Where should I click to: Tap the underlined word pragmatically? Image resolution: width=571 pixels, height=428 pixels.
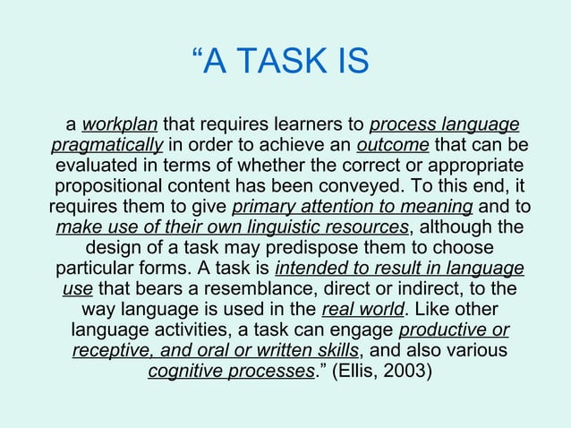point(107,145)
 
